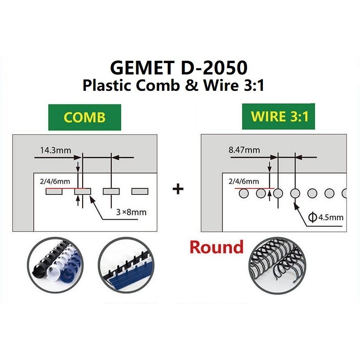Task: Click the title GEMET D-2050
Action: (x=179, y=68)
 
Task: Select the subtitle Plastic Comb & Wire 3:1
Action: (x=173, y=85)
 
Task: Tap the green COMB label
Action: (x=84, y=117)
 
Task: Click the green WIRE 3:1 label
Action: (x=280, y=117)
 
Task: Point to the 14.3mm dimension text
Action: (x=53, y=150)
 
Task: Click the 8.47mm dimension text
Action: (x=244, y=150)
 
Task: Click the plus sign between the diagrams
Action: (x=178, y=188)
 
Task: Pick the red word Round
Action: (x=217, y=247)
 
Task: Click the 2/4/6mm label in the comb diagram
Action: (x=51, y=182)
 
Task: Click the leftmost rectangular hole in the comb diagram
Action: (x=54, y=192)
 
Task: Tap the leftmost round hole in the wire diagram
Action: (x=244, y=194)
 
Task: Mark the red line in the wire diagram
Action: (x=254, y=188)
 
